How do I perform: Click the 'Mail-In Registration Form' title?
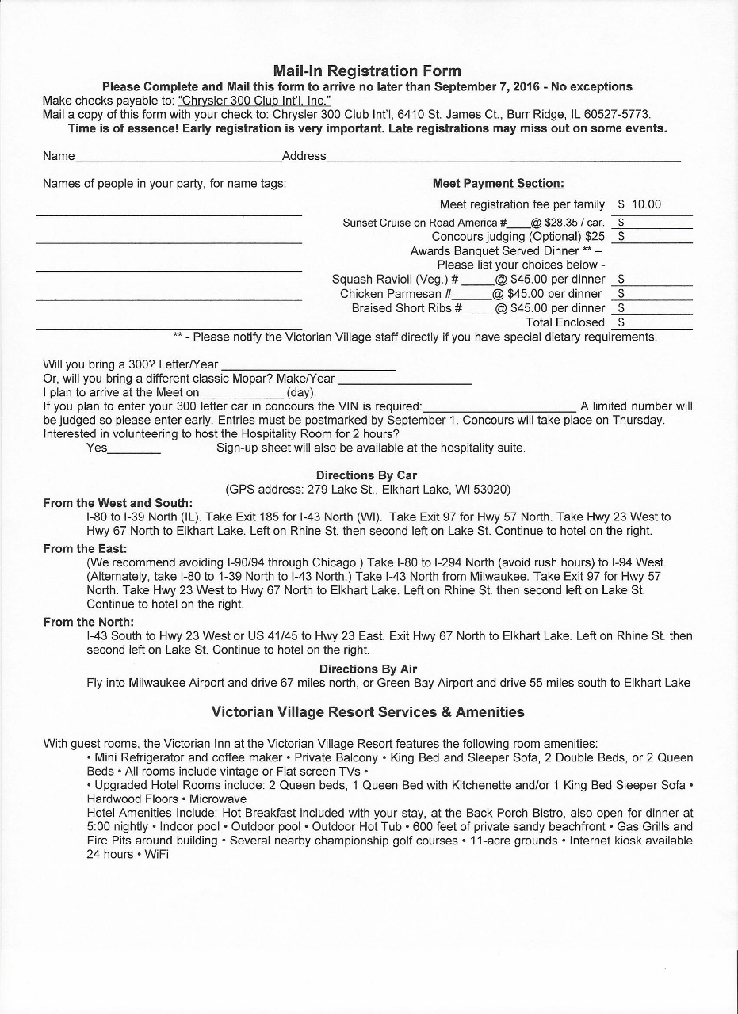367,71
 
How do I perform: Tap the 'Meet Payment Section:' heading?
498,184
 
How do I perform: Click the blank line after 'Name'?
178,158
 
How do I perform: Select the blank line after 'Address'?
503,158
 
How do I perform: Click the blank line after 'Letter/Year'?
308,367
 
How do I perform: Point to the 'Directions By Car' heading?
366,475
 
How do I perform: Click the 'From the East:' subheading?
85,548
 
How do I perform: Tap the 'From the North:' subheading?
88,622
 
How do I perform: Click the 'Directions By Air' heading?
368,669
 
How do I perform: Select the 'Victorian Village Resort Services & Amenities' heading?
368,712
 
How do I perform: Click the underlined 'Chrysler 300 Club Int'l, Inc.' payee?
254,101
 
